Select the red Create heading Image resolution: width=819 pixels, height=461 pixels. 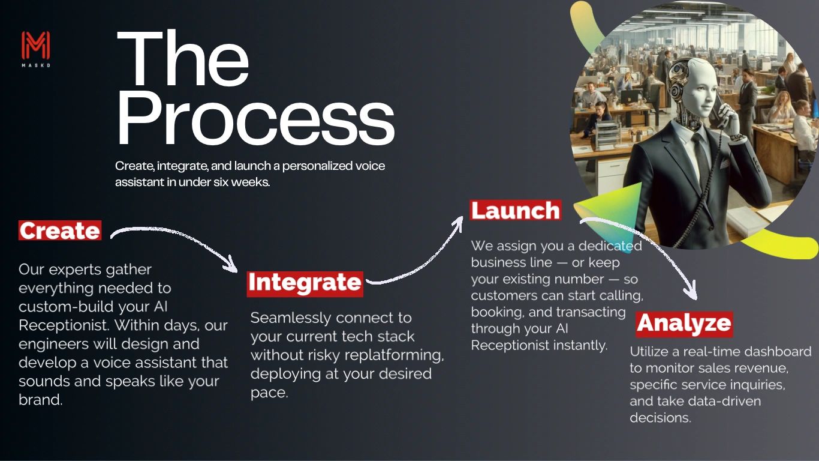click(x=59, y=231)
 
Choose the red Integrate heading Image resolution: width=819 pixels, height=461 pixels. click(x=305, y=283)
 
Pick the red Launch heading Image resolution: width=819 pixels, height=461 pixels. click(x=515, y=211)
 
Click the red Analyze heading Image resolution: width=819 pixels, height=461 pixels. click(x=683, y=324)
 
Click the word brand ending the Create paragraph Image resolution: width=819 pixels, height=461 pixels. click(x=40, y=400)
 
